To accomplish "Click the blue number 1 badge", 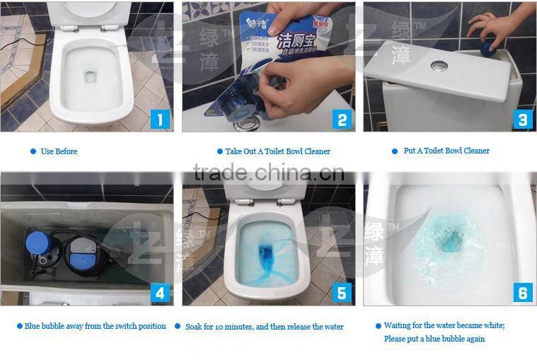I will (x=160, y=119).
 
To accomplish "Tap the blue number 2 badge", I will (x=342, y=119).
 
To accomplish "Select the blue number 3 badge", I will (x=522, y=119).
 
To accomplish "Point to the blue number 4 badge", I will (x=160, y=293).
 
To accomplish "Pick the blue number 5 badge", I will (x=342, y=293).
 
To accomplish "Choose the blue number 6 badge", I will (x=522, y=292).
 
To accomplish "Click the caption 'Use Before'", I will (x=59, y=151).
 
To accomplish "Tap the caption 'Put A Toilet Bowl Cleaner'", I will (x=446, y=151).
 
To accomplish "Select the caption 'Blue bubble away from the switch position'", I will (x=95, y=326).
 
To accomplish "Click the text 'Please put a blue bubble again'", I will (x=434, y=339).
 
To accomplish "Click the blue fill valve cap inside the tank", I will (x=36, y=243).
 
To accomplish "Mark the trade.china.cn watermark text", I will (x=268, y=173).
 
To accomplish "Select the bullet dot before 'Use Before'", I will (x=33, y=151).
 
